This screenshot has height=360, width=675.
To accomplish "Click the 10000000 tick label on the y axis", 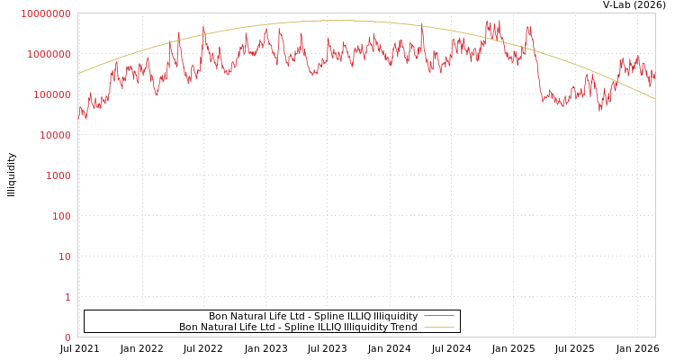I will point(46,13).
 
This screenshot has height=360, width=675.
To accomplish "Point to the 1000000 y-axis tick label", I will point(49,54).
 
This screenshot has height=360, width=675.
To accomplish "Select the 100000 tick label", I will point(51,94).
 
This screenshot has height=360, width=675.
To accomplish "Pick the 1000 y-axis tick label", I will point(58,175).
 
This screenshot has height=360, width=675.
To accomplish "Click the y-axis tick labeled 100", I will point(60,216).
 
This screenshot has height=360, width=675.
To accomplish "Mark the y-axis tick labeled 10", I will point(64,256).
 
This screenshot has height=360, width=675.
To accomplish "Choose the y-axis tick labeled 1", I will point(67,297).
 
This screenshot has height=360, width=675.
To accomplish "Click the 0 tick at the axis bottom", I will point(67,337).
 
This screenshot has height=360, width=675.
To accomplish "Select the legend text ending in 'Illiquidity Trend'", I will point(298,328).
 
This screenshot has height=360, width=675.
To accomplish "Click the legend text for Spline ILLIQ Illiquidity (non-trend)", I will point(313,317).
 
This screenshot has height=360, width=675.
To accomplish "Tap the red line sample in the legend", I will point(438,317).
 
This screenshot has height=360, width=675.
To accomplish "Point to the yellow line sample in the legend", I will point(438,328).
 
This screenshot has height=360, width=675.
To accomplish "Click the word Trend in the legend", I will point(402,328).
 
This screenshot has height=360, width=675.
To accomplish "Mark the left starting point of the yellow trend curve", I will point(78,74).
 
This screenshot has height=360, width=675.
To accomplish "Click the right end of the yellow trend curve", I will point(654,98).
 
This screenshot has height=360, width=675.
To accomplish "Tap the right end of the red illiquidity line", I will point(654,76).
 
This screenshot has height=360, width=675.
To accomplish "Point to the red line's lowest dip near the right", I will point(600,110).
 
